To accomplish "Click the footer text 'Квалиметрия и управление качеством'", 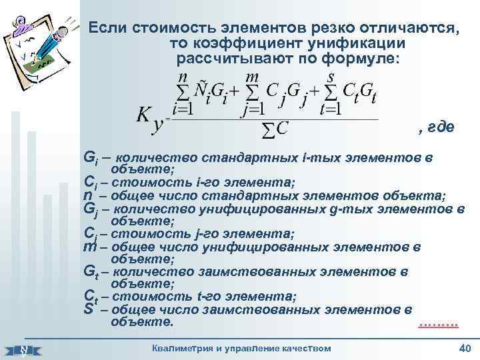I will coord(241,348).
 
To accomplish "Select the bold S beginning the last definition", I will coord(88,309).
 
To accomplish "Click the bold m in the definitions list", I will coord(89,247).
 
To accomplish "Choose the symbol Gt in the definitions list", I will coord(91,272).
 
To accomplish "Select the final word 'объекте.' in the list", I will coord(142,322).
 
